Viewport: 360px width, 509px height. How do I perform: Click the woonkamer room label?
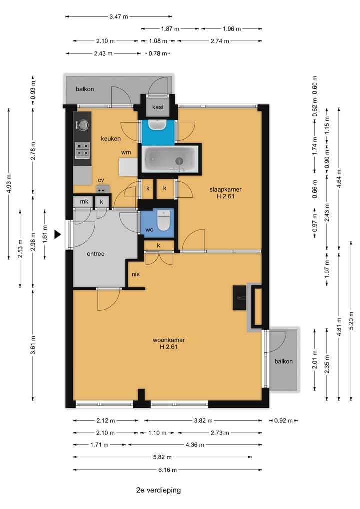[169, 340]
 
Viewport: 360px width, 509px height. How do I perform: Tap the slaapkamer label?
[225, 189]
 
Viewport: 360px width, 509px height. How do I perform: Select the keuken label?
[111, 138]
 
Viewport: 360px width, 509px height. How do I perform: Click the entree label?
[96, 254]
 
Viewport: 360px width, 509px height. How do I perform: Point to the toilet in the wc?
[164, 220]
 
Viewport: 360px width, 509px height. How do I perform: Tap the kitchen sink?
[82, 125]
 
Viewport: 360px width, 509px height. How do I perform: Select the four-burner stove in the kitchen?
[82, 150]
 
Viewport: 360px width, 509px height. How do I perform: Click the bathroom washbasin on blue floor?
[158, 125]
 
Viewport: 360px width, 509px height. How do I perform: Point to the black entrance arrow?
[57, 234]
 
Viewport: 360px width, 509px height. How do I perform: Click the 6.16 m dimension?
[167, 469]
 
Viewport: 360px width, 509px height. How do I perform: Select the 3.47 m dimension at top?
[119, 16]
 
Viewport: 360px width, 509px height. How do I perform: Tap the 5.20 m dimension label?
[351, 320]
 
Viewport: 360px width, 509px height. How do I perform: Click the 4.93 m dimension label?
[9, 183]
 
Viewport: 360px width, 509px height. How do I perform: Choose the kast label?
[158, 107]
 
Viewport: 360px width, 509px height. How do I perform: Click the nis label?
[135, 274]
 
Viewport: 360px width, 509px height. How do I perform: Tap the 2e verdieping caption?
[158, 490]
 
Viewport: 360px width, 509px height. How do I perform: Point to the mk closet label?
[84, 201]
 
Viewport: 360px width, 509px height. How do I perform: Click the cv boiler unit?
[103, 189]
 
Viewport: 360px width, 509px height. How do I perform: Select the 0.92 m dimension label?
[283, 421]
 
